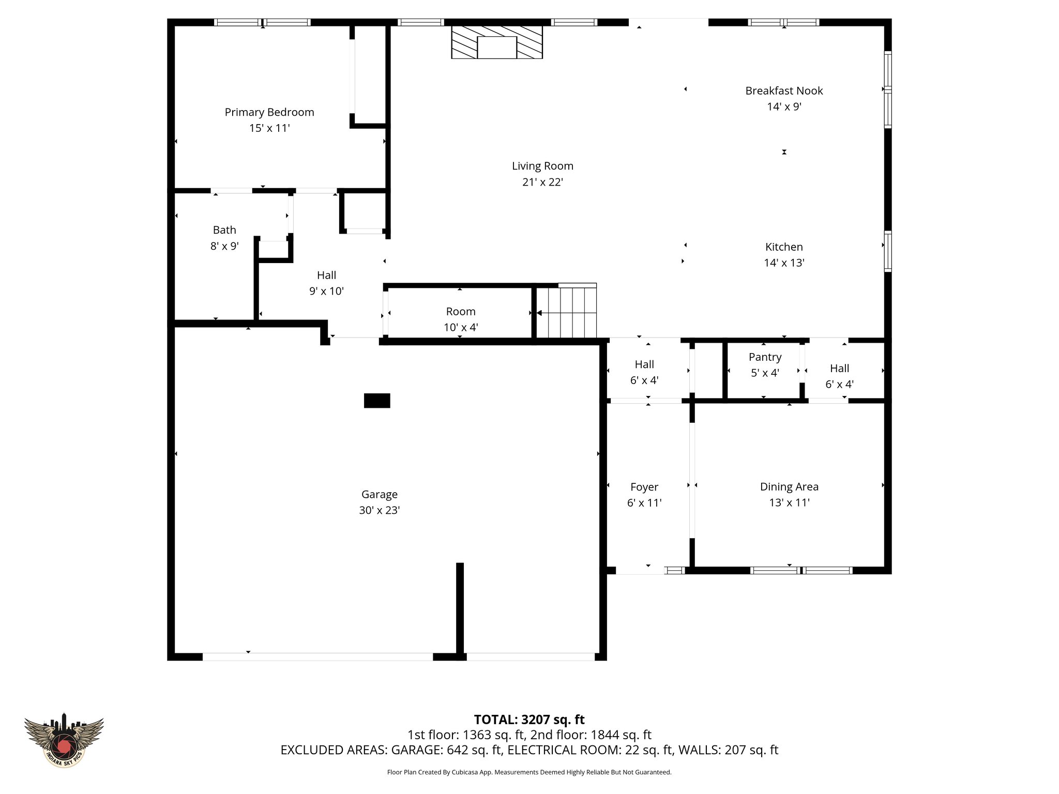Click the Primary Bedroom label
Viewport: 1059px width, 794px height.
[269, 112]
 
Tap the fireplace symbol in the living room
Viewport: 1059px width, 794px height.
[496, 42]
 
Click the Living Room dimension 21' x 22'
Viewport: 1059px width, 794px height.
[542, 182]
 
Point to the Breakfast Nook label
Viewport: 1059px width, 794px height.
[783, 91]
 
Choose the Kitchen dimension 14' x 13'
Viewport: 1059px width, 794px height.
[783, 263]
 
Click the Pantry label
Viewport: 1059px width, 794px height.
[765, 357]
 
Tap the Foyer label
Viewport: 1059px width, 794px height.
[644, 487]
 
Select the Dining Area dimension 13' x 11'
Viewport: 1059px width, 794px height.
[789, 502]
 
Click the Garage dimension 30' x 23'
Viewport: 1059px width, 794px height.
[379, 510]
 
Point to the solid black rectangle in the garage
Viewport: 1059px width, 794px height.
[376, 401]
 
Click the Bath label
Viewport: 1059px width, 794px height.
[224, 230]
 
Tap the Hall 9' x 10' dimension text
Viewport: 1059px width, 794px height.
[326, 291]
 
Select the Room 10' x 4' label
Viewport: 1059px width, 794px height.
[460, 312]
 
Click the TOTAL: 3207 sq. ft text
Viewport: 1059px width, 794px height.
[529, 720]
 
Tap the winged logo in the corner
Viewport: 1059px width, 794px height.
[64, 740]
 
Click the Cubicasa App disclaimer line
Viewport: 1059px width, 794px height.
[529, 772]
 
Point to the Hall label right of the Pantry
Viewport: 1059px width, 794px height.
[839, 369]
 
